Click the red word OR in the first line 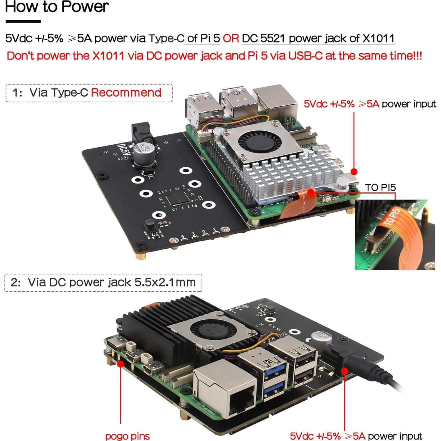[231, 39]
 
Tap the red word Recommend [126, 93]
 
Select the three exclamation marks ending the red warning [418, 56]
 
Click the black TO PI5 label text [380, 188]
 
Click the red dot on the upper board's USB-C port [354, 171]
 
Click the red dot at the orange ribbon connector [311, 192]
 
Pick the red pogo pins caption [127, 436]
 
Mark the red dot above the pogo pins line [120, 364]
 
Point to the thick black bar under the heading [23, 22]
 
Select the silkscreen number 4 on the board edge [183, 237]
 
